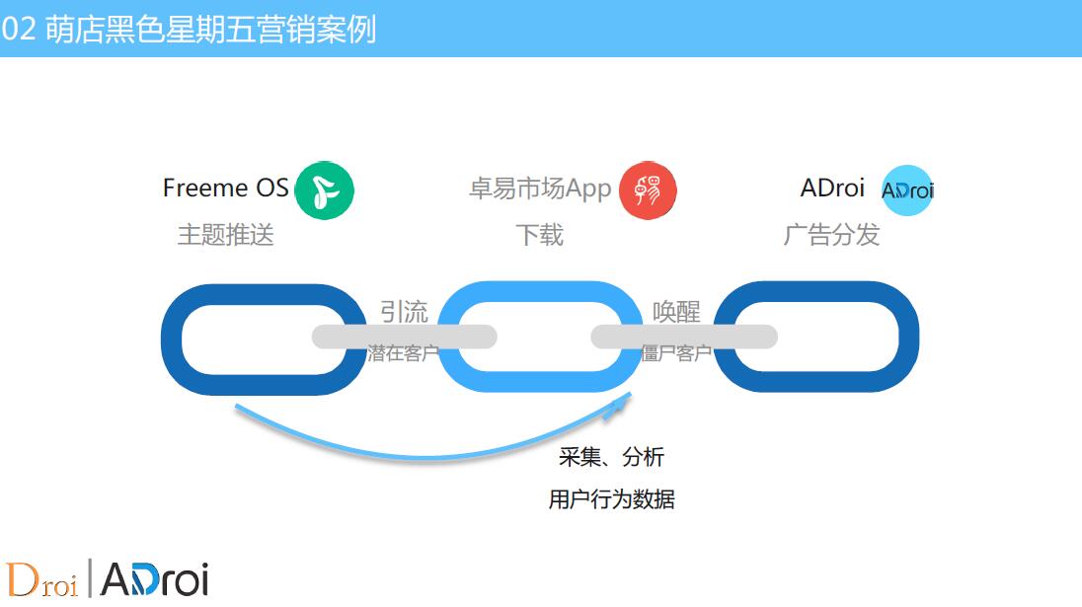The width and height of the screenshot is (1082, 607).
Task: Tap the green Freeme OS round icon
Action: pos(325,190)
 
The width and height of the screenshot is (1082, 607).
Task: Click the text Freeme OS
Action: pos(226,188)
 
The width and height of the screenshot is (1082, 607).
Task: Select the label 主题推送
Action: pos(226,235)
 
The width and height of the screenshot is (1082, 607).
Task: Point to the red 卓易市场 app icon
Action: pos(648,190)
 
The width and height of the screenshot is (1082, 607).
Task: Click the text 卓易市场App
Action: pos(540,189)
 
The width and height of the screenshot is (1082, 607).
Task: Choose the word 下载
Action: pos(540,235)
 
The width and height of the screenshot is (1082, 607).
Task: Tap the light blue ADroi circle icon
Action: pos(907,190)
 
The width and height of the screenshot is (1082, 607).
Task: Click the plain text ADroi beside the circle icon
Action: pos(832,188)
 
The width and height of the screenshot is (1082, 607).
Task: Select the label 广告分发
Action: pos(831,235)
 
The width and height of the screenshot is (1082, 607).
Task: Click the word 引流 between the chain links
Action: pos(405,312)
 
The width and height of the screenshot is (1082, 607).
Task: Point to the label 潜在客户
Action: pos(404,353)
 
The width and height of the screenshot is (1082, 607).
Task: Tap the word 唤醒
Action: pos(676,312)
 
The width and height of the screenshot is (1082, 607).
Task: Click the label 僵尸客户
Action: pos(676,353)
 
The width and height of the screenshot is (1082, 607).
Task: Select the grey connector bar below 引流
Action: pos(405,337)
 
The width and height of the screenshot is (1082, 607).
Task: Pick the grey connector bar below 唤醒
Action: pos(684,337)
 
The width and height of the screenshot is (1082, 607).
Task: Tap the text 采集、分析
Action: pos(611,457)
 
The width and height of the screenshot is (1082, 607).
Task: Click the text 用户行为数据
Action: pos(611,498)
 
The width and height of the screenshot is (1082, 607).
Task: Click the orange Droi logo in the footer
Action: pos(41,579)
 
